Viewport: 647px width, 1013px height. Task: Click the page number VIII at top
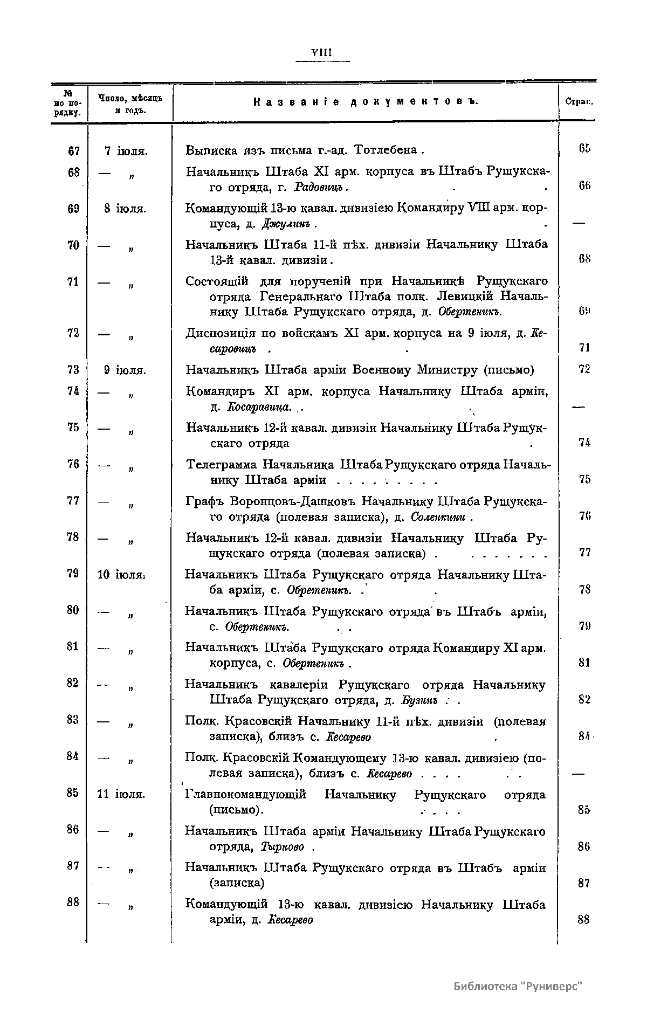coord(322,53)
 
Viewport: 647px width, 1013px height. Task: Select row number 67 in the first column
coord(74,151)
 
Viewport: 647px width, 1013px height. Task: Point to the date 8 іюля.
coord(125,209)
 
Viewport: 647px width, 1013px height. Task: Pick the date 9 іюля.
coord(125,370)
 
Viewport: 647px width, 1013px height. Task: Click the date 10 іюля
coord(120,575)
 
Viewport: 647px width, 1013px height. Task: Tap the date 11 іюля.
coord(121,794)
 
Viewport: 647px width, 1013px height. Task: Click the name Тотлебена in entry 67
coord(386,149)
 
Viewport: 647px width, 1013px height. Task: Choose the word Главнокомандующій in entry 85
coord(245,795)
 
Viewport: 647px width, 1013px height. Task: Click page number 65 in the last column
coord(584,149)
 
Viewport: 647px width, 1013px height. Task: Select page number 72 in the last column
coord(584,369)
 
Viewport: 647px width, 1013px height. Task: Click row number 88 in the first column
coord(73,901)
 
